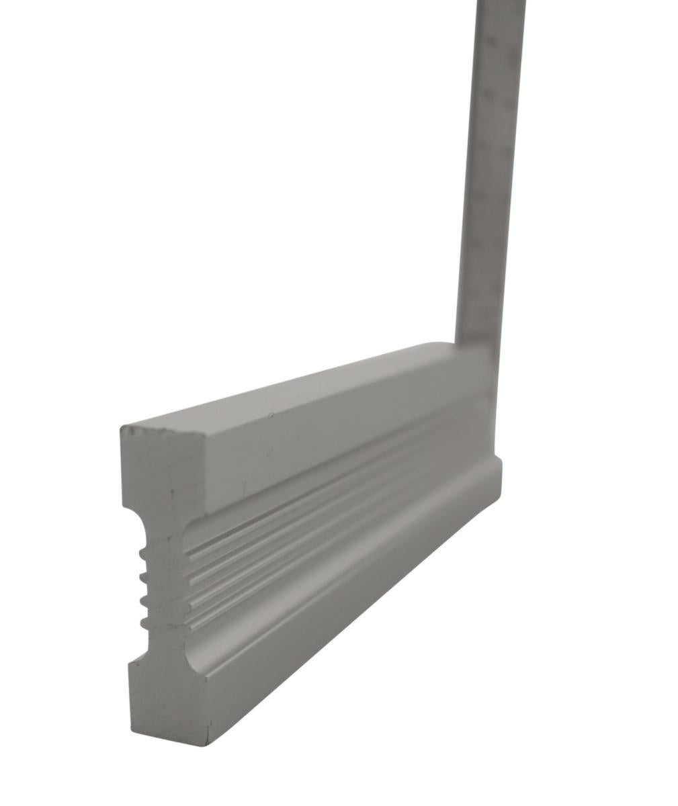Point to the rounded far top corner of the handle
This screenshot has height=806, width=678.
coord(447,345)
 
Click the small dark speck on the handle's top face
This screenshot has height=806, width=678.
coord(270,416)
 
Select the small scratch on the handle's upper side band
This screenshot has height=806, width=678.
coord(268,453)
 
